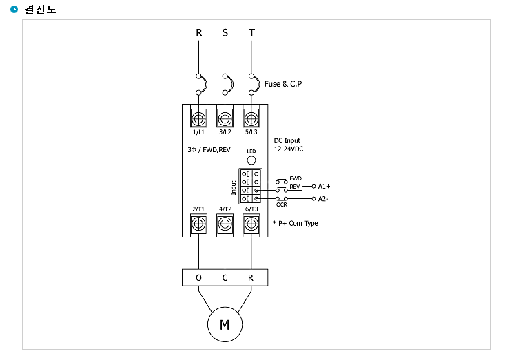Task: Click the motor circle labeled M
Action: pos(225,324)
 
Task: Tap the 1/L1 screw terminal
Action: pos(198,118)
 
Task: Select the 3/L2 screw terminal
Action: pos(225,118)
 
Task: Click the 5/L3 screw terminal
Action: pos(251,118)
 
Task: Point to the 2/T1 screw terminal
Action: pos(198,224)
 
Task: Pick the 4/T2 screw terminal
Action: pos(225,224)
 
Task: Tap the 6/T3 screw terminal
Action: pos(251,224)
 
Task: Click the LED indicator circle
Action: pos(251,160)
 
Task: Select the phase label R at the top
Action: pos(199,33)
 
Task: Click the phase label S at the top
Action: pos(225,33)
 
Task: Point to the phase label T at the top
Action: pos(251,33)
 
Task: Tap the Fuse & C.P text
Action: pos(283,84)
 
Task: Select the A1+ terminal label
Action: pos(324,187)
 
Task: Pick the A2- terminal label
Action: pos(323,199)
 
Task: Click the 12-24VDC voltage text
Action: pos(289,149)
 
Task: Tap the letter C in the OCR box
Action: pos(225,277)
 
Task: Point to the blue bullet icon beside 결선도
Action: pos(14,10)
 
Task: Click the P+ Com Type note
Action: pos(296,223)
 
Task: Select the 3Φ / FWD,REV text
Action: pos(209,150)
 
